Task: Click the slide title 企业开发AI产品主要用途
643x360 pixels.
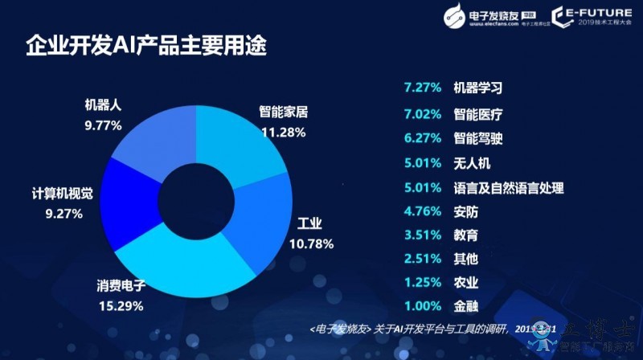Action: pyautogui.click(x=145, y=46)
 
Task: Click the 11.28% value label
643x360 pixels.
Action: pyautogui.click(x=283, y=132)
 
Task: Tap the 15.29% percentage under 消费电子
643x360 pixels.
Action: pyautogui.click(x=120, y=305)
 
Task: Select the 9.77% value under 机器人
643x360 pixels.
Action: pyautogui.click(x=103, y=125)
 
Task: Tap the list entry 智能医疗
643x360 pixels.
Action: pyautogui.click(x=478, y=113)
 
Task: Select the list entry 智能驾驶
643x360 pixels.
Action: pyautogui.click(x=478, y=138)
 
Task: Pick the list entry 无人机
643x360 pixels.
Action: pyautogui.click(x=472, y=163)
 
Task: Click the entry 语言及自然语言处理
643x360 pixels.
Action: pyautogui.click(x=508, y=188)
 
